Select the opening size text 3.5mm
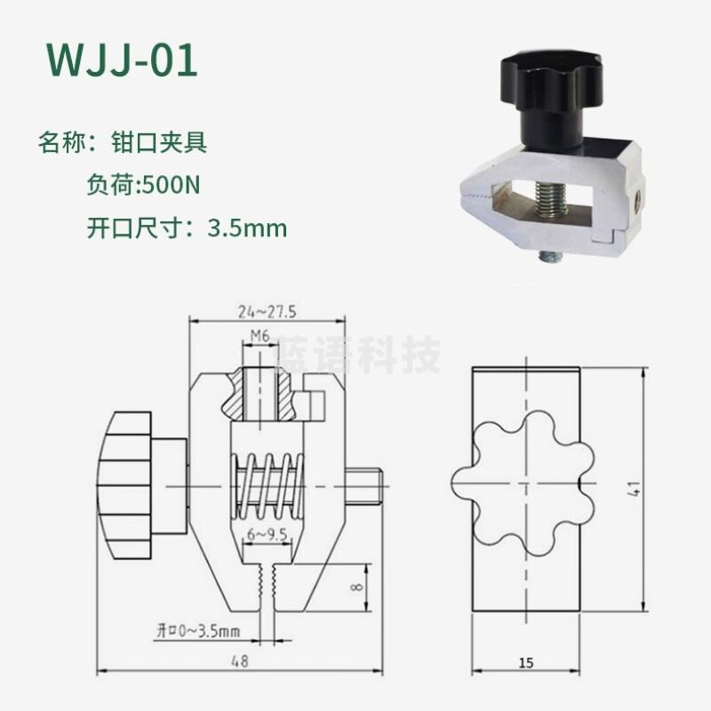tap(247, 228)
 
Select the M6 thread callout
tap(259, 336)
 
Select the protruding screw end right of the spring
tap(366, 485)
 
